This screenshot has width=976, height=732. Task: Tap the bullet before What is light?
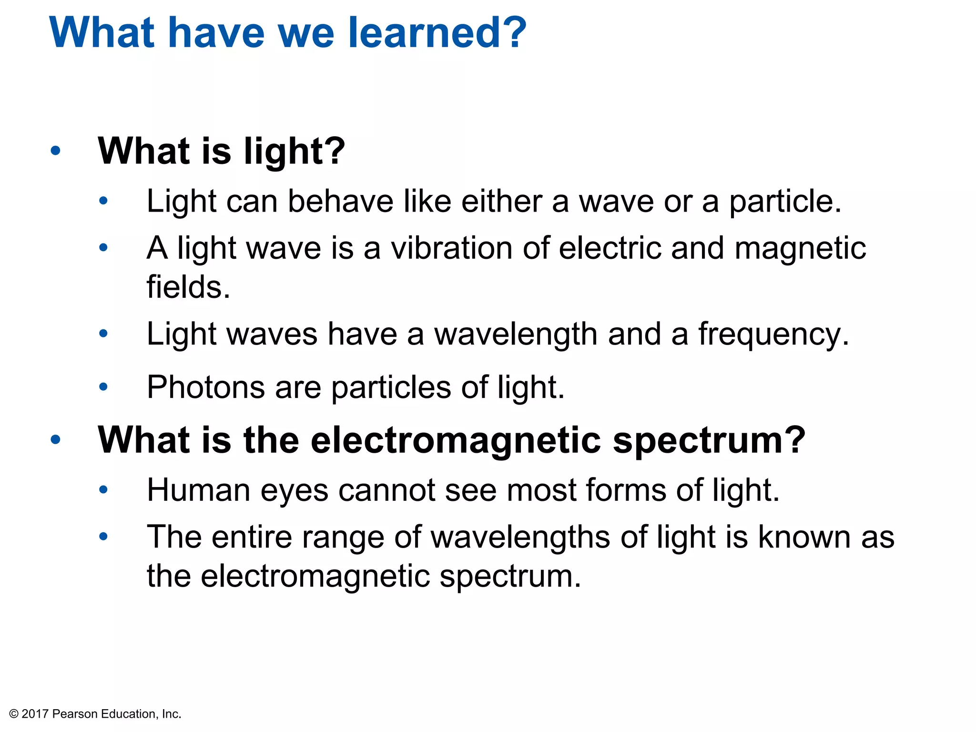[56, 151]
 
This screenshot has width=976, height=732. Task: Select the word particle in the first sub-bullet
[785, 202]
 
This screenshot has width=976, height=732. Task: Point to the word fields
[188, 287]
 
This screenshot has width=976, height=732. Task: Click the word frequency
[773, 335]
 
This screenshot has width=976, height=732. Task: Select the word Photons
[205, 387]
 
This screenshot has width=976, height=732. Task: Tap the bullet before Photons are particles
[103, 387]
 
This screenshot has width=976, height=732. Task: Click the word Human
[198, 490]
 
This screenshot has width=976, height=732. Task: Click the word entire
[252, 537]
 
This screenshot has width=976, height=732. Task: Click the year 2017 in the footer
[35, 714]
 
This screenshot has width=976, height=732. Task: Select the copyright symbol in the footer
[14, 714]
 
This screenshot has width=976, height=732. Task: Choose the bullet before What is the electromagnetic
[56, 439]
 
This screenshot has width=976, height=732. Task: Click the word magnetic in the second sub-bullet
[800, 248]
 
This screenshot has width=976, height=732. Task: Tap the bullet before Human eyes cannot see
[103, 490]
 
